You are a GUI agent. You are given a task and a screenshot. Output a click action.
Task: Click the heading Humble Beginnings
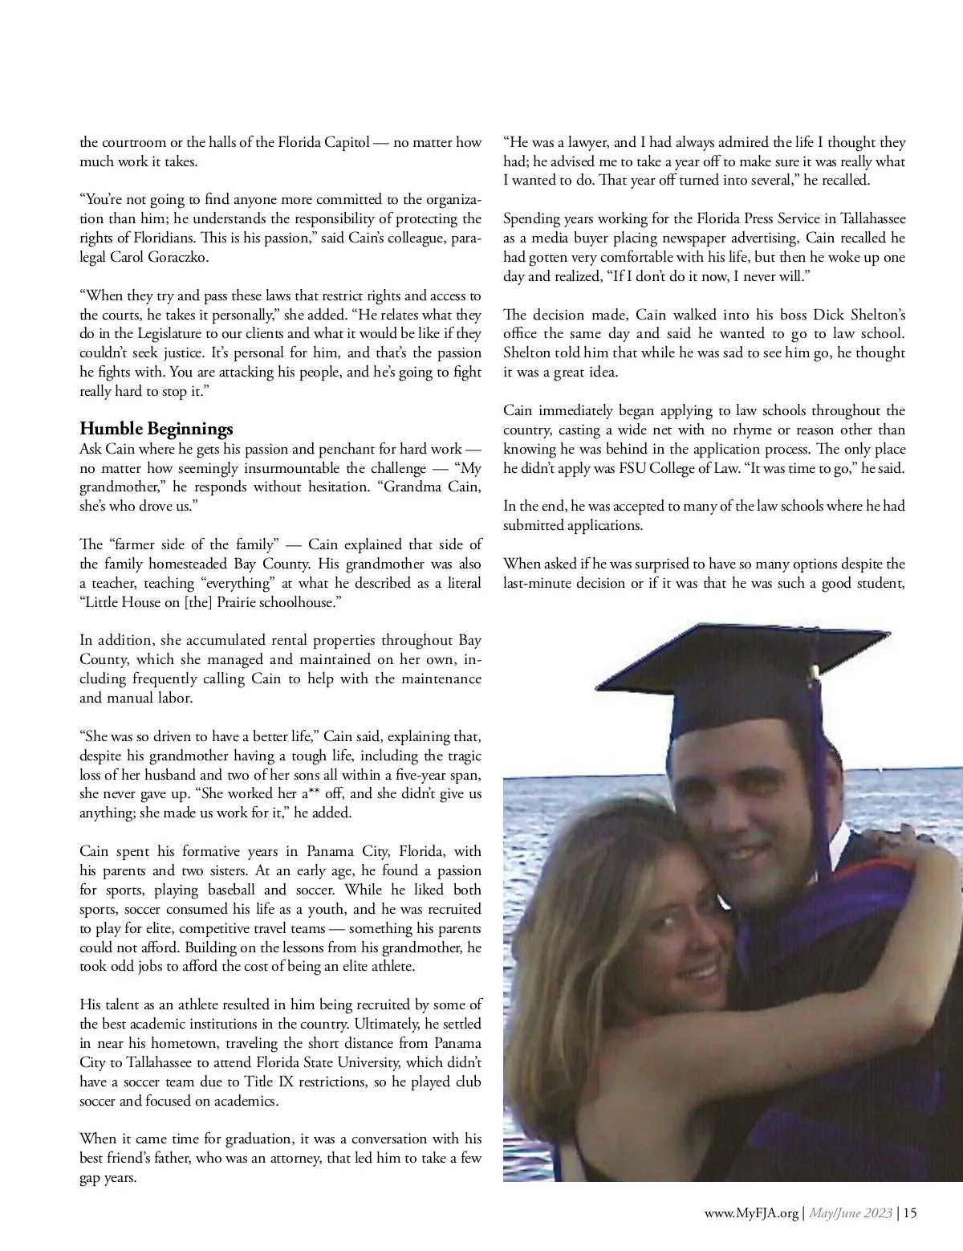pyautogui.click(x=156, y=428)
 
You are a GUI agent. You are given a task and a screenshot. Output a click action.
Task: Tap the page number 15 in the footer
pyautogui.click(x=909, y=1214)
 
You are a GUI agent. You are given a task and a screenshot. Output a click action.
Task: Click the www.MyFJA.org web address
pyautogui.click(x=752, y=1214)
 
